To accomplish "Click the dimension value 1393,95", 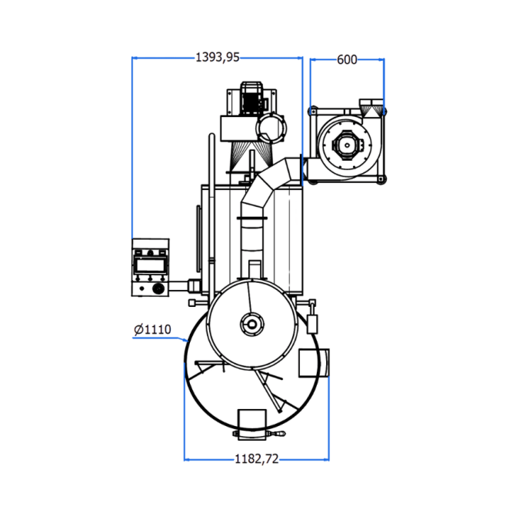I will tap(218, 57).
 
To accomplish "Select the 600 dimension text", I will tap(347, 60).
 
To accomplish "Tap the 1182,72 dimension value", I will tap(256, 459).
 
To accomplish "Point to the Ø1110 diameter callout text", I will tap(151, 330).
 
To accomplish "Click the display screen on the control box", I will tap(151, 264).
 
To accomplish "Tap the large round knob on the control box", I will tap(158, 289).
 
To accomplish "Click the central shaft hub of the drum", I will tap(251, 324).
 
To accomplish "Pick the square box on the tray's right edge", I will tap(311, 362).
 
